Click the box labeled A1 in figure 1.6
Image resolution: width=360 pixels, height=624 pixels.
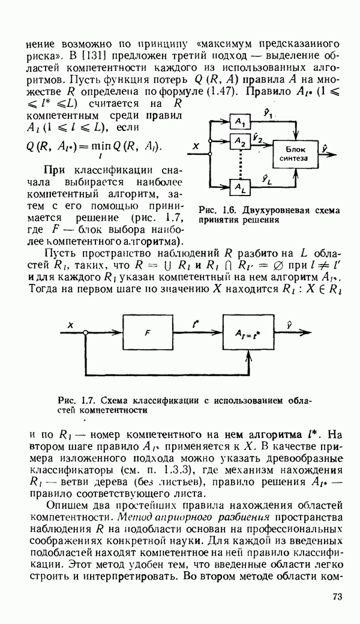click(241, 121)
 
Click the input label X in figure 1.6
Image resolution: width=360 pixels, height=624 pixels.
click(196, 146)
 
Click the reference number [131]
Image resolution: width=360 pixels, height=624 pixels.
click(89, 56)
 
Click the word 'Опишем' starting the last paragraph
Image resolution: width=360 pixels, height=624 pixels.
click(68, 505)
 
